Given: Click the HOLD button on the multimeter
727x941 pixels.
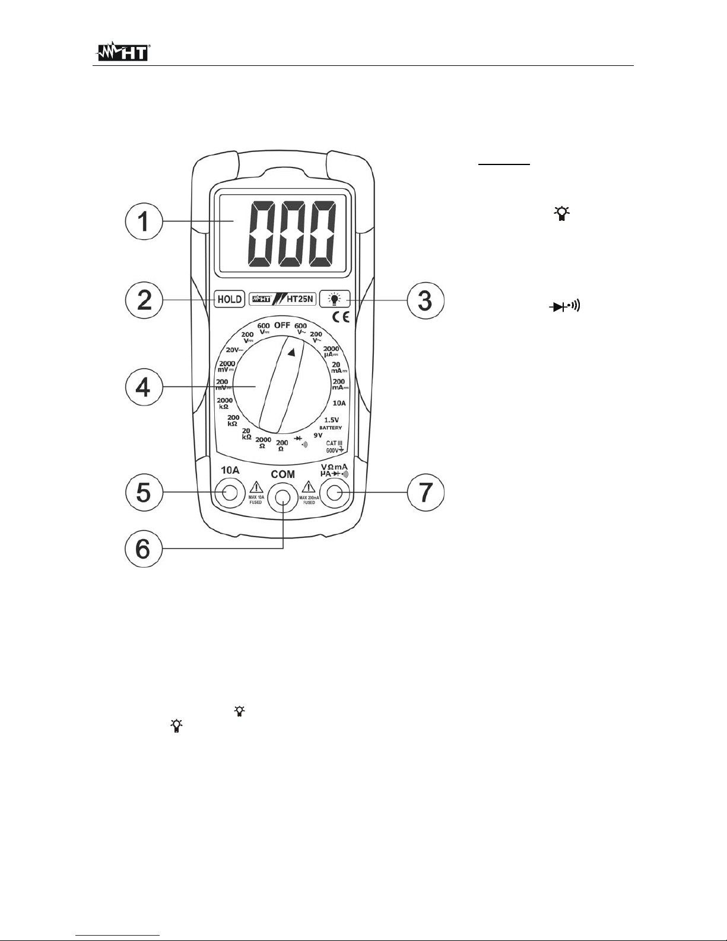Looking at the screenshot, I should click(x=230, y=299).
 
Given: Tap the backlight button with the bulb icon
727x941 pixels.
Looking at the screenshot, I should click(x=334, y=299).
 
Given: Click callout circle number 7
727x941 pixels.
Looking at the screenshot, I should click(x=424, y=492).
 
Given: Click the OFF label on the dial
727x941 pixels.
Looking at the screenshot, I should click(x=282, y=325).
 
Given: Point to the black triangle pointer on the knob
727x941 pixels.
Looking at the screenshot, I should click(x=291, y=353).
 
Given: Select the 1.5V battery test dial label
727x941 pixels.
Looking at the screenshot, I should click(x=331, y=420).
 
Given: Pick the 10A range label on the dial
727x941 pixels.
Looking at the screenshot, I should click(x=339, y=403).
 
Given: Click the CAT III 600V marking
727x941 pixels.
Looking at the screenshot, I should click(x=335, y=446).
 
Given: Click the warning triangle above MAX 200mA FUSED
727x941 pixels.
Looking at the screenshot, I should click(x=309, y=487).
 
